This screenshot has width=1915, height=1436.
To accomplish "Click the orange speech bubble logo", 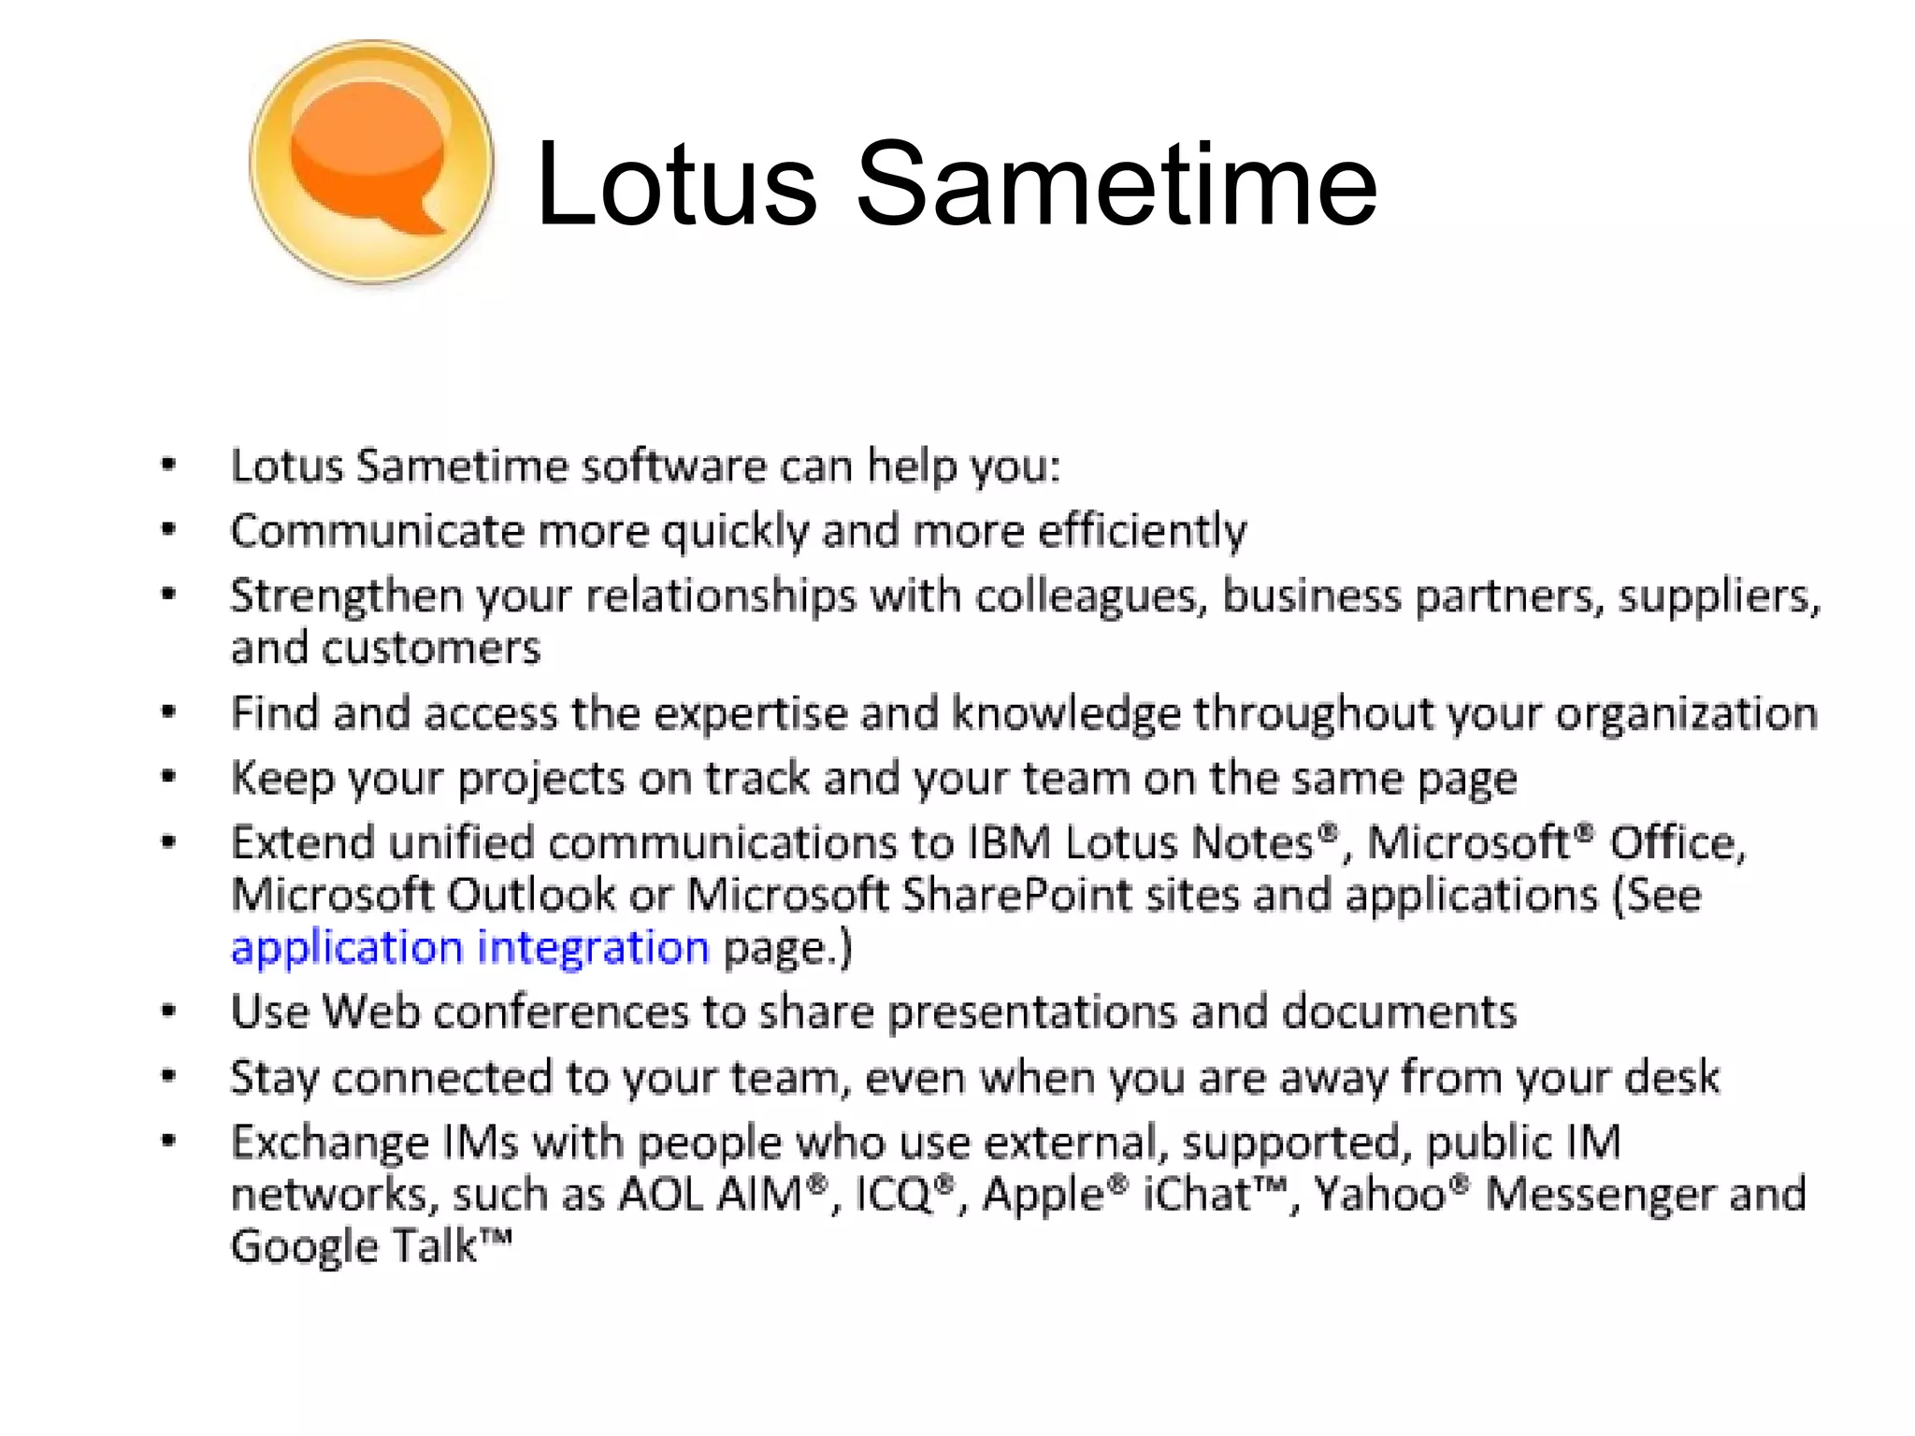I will [x=371, y=161].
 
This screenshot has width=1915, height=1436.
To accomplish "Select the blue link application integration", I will [x=469, y=948].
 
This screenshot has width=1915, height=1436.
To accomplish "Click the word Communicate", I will [x=377, y=531].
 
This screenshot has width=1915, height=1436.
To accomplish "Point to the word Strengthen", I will [x=346, y=596].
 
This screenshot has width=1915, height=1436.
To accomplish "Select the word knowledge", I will [x=1065, y=713].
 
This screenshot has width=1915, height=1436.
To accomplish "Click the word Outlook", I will [x=530, y=895].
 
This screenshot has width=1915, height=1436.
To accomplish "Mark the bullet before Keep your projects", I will [x=168, y=777].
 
